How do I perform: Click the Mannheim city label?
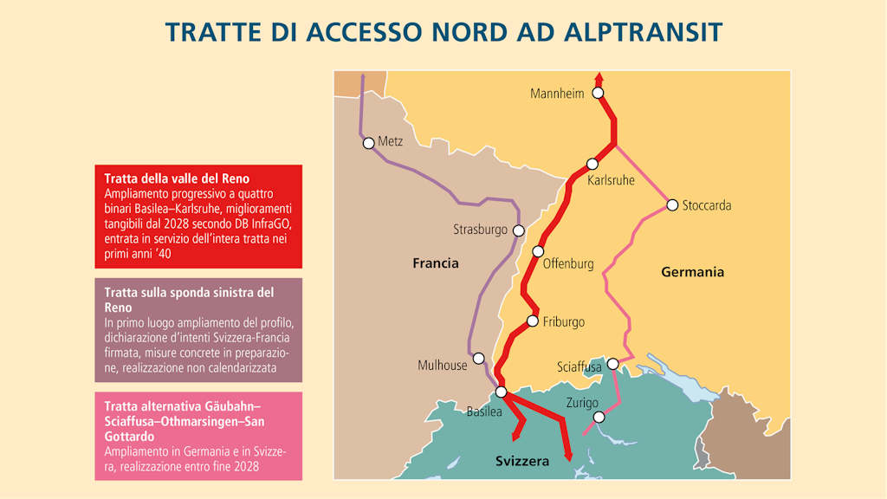[557, 94]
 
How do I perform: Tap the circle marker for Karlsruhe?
[592, 164]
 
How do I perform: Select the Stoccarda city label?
[707, 206]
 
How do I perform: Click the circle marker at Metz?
[369, 143]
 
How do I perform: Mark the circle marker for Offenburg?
[538, 251]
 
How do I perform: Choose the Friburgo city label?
[563, 322]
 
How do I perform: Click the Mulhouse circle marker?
[478, 358]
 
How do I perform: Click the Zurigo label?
[582, 403]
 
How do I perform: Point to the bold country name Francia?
[436, 263]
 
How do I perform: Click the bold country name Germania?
[692, 272]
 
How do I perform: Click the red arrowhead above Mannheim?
[598, 77]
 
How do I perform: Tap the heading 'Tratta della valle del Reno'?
[177, 178]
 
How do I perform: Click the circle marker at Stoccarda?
[672, 205]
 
